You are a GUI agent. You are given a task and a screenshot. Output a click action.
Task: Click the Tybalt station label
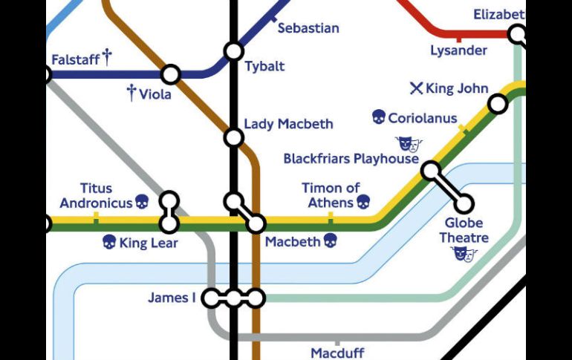pos(264,67)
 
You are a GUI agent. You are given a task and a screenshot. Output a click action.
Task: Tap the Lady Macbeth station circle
pos(234,137)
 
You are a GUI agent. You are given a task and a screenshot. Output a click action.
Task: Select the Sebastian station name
pos(308,28)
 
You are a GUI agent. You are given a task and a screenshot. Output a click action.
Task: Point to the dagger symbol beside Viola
pos(131,93)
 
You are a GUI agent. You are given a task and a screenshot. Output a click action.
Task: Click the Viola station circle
pos(171,74)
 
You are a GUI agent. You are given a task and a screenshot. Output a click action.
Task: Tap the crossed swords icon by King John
pos(416,88)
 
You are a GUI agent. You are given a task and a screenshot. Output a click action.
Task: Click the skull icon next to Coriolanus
pos(378,117)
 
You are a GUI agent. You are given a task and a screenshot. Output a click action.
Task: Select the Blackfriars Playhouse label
pos(351,159)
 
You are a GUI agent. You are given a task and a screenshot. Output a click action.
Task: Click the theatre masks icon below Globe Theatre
pos(464,255)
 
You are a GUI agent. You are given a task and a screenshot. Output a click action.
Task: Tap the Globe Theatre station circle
pos(464,203)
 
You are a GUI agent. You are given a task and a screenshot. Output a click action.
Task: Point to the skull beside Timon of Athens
pos(363,202)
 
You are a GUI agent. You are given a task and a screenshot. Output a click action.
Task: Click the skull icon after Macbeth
pos(331,240)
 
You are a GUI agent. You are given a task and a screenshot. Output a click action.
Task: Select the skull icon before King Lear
pos(109,242)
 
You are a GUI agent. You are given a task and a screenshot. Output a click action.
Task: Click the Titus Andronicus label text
pos(96,196)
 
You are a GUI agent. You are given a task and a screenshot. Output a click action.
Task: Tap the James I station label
pos(172,298)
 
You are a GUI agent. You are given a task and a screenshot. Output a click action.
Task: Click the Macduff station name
pos(337,353)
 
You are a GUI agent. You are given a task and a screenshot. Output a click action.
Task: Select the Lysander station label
pos(458,50)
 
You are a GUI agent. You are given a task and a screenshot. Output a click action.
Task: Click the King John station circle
pos(498,104)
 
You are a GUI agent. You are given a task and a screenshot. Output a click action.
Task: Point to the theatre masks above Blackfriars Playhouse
pos(409,143)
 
